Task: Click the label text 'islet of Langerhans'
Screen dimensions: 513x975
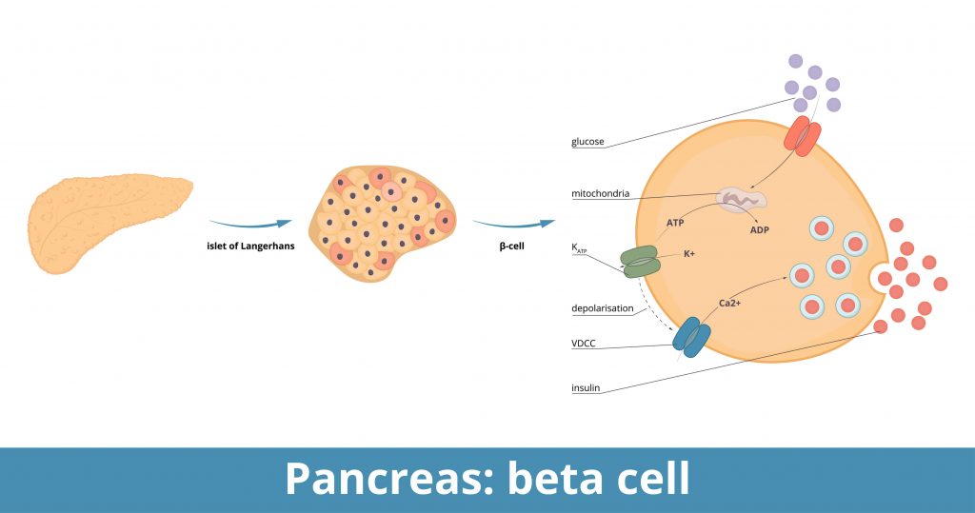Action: tap(250, 246)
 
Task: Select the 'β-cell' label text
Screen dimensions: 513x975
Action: tap(514, 246)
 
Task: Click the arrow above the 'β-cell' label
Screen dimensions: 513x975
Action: tap(514, 225)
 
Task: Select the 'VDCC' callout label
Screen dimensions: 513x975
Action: tap(585, 344)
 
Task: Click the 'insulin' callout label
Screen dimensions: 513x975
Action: tap(586, 387)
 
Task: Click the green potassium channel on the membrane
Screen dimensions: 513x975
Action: tap(640, 261)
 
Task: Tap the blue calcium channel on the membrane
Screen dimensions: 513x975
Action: tap(691, 337)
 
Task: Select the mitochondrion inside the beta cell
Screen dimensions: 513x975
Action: tap(741, 200)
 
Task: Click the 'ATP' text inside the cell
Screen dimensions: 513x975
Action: tap(673, 222)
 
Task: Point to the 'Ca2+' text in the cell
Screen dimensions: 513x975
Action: tap(730, 303)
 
